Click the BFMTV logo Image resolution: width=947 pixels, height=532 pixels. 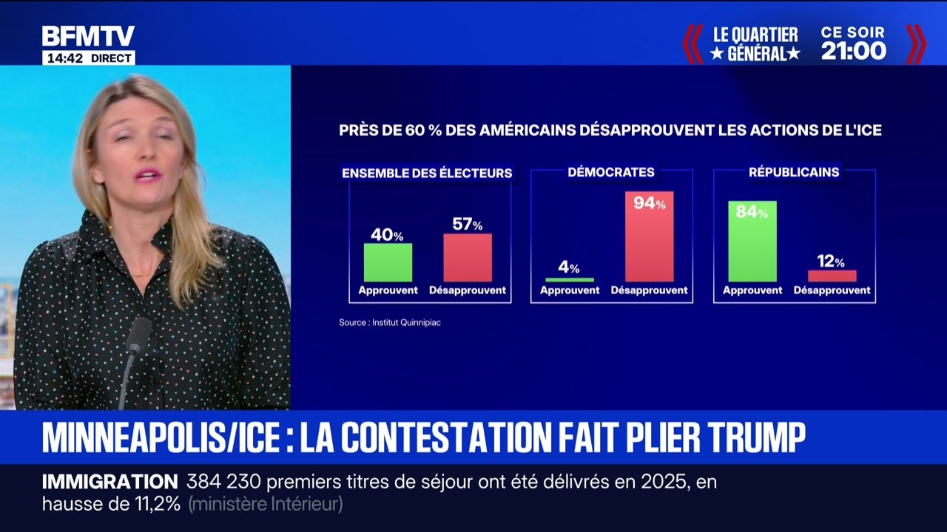click(x=88, y=37)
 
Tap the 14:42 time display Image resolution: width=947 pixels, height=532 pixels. click(x=65, y=58)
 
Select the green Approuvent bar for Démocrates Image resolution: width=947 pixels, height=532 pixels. click(x=569, y=279)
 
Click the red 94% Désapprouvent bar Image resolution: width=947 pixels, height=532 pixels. click(x=649, y=236)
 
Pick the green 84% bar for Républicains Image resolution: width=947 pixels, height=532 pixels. click(x=752, y=242)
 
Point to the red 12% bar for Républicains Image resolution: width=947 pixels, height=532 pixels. click(x=832, y=276)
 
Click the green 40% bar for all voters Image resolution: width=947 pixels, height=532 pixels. click(x=388, y=262)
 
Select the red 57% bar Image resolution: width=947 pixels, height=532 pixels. click(x=467, y=257)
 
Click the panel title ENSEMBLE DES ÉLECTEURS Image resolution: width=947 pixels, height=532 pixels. click(x=427, y=173)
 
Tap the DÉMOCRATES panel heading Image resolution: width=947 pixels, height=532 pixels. click(x=611, y=172)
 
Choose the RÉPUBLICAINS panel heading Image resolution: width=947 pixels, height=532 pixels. click(x=794, y=172)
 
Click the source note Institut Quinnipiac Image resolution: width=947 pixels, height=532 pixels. click(x=390, y=322)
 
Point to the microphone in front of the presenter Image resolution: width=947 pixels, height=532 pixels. click(x=137, y=335)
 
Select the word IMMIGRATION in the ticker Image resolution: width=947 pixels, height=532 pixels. click(x=109, y=482)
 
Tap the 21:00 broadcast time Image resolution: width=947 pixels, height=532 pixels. click(x=853, y=51)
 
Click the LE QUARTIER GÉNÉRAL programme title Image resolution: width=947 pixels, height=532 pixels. click(x=755, y=44)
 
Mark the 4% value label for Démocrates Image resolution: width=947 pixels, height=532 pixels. click(x=568, y=267)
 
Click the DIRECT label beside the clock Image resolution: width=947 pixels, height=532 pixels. click(x=112, y=58)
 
